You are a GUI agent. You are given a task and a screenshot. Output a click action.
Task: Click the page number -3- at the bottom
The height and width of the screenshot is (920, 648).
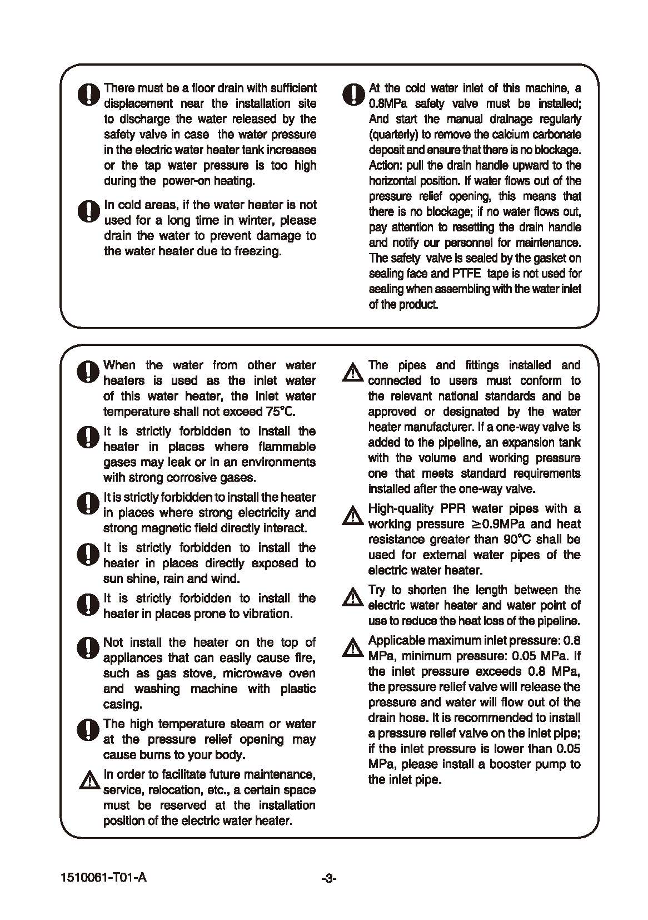click(x=329, y=878)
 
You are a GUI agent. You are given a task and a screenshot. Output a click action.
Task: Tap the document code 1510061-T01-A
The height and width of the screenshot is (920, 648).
click(x=104, y=878)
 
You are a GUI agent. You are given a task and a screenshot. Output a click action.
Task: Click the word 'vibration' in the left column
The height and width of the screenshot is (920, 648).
click(x=263, y=614)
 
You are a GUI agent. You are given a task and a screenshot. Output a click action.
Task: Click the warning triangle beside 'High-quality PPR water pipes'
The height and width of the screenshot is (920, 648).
click(x=351, y=516)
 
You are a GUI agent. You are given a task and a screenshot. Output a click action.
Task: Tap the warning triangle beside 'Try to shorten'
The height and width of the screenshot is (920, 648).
click(x=351, y=597)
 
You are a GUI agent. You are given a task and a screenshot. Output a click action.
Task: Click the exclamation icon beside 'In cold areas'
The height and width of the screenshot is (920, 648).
click(x=87, y=211)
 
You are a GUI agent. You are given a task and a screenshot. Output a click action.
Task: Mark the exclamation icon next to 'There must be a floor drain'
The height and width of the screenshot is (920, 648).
click(x=87, y=95)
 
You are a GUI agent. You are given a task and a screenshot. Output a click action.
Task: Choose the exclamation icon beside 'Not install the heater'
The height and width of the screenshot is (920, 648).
click(x=87, y=649)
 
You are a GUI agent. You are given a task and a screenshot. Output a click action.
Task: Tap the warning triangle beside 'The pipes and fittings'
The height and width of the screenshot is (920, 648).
click(x=351, y=373)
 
